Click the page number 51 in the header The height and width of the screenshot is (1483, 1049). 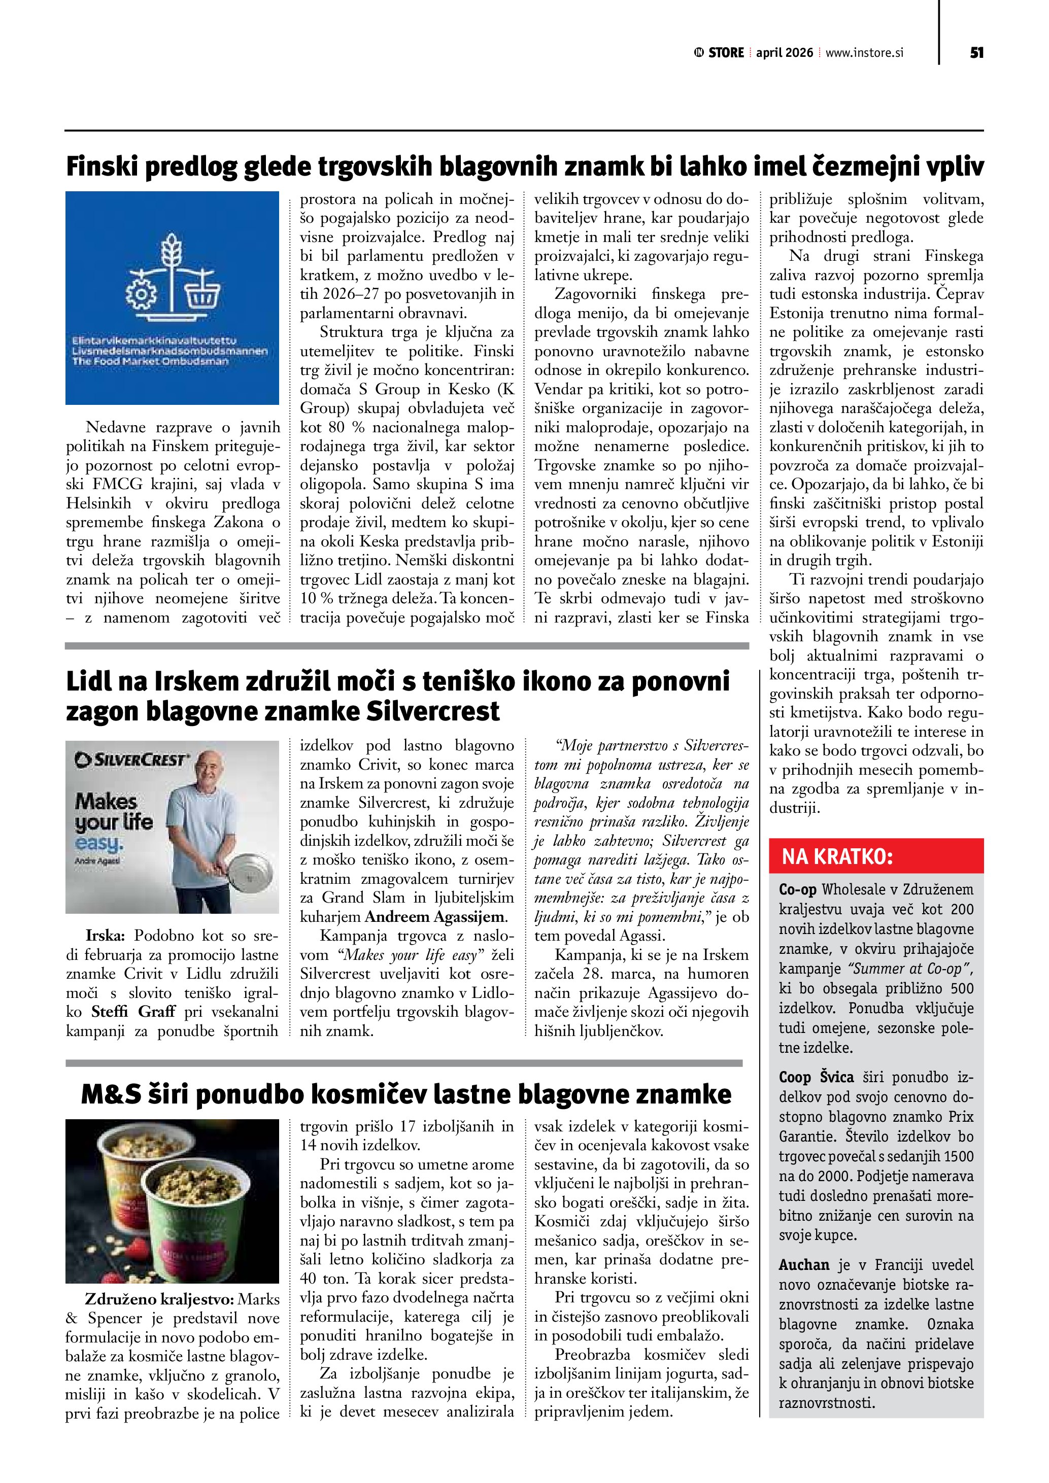[x=976, y=53]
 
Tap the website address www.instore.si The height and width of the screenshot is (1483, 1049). [x=864, y=53]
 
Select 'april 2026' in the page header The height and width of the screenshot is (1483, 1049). [x=784, y=53]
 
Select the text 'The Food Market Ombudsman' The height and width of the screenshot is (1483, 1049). [x=151, y=362]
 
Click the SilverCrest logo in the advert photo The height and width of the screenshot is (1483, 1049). [x=132, y=760]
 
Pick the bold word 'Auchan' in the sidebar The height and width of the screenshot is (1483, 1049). [x=803, y=1265]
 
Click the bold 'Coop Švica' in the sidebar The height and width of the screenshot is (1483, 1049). [x=816, y=1078]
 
